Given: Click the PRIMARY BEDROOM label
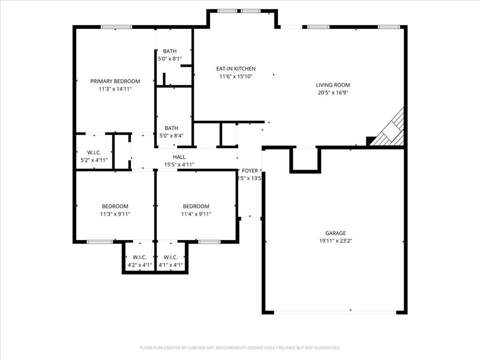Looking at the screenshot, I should click(115, 81).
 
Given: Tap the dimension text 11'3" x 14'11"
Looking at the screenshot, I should click(115, 89).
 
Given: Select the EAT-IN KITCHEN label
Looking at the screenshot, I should click(236, 68).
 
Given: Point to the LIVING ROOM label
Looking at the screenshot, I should click(333, 85).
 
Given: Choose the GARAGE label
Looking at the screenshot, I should click(336, 233).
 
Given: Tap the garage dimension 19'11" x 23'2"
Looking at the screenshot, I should click(336, 240).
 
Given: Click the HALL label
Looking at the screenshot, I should click(179, 157).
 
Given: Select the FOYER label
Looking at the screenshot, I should click(250, 171).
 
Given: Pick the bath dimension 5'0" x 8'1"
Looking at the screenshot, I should click(170, 59).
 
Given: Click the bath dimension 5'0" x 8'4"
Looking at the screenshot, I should click(171, 135).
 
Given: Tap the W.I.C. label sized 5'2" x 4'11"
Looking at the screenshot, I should click(94, 152).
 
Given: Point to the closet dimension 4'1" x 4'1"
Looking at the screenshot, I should click(171, 265).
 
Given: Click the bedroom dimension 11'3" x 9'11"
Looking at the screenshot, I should click(115, 214).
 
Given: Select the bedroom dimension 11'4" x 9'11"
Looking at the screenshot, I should click(196, 214).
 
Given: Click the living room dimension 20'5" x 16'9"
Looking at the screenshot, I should click(333, 92).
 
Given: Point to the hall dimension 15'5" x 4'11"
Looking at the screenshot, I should click(179, 165).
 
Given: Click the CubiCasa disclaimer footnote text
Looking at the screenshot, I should click(240, 348).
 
